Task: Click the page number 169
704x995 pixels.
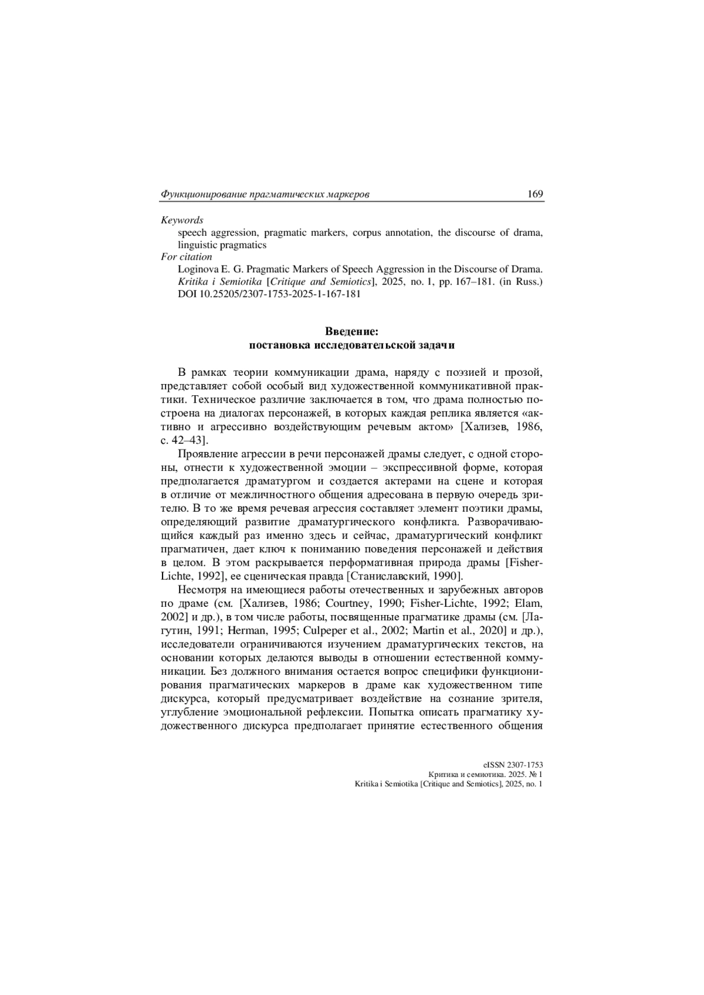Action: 535,194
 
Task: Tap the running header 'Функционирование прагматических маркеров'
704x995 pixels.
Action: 265,195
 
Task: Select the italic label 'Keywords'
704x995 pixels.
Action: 182,220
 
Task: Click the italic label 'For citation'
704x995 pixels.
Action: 187,257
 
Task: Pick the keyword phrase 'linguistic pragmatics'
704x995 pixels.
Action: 222,245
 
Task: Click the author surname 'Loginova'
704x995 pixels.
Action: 197,270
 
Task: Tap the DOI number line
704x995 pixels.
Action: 269,294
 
